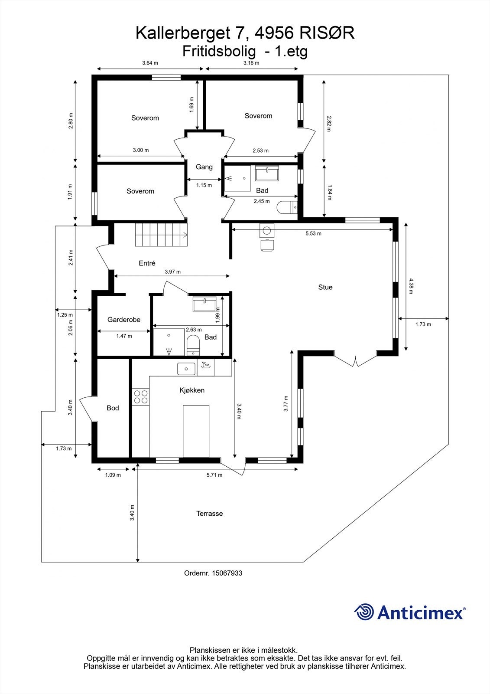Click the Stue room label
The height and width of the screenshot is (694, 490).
point(325,287)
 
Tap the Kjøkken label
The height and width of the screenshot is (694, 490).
point(192,390)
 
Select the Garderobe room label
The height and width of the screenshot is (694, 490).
point(124,319)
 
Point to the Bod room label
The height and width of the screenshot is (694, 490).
point(113,408)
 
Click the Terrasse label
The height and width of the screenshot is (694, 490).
point(210,514)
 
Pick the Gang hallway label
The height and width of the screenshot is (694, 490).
point(204,167)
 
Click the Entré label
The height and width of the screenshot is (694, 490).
point(147,263)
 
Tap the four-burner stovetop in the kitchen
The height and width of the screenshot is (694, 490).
point(140,397)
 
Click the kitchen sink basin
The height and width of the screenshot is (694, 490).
point(186,369)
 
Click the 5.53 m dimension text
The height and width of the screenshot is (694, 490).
point(313,233)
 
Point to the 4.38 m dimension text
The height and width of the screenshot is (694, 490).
point(411,286)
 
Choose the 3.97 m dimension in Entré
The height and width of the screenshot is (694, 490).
point(172,272)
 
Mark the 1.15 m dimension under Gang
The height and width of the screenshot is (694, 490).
point(204,185)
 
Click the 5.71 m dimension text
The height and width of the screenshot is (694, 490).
point(214,475)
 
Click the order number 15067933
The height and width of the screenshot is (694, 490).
point(227,573)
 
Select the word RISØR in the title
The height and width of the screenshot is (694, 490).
point(327,33)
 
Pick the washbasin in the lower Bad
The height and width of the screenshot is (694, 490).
point(204,304)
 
